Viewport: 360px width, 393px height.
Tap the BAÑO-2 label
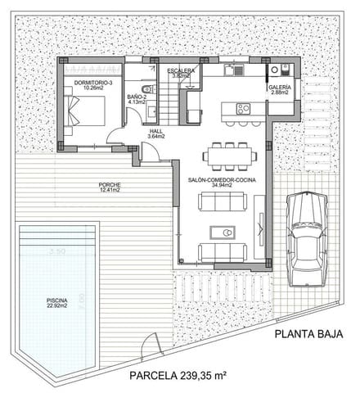point(137,97)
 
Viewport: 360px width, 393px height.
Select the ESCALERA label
point(181,71)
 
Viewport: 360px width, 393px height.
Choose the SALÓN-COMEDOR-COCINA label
point(221,179)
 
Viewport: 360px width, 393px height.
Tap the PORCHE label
point(109,184)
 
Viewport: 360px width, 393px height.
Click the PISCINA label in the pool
point(56,301)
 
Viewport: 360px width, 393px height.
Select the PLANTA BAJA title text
point(308,333)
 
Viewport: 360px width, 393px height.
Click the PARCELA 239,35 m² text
point(179,376)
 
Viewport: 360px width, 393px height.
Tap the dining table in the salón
point(229,155)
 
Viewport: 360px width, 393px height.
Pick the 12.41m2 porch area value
point(109,190)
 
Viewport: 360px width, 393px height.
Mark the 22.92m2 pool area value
point(56,307)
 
